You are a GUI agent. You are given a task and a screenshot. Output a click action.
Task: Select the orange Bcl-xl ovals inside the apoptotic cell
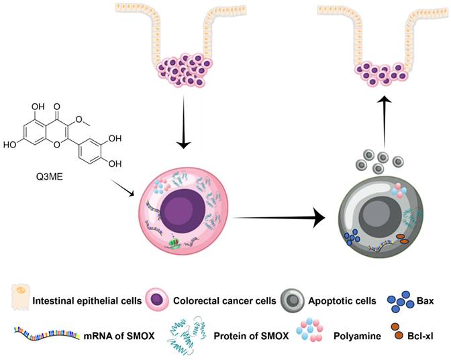405,240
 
